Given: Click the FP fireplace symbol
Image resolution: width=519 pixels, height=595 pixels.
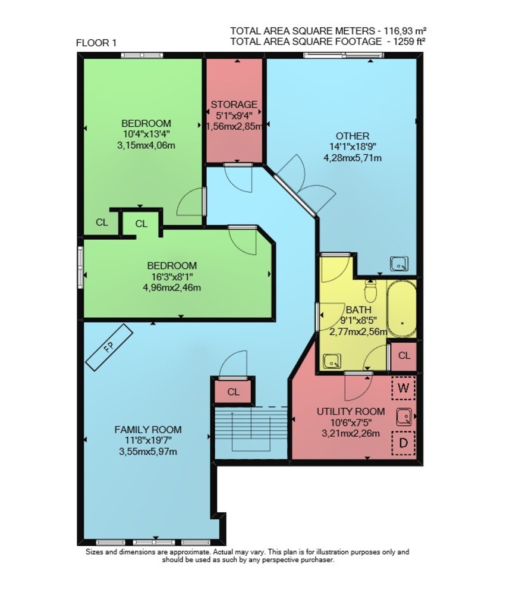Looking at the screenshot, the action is [109, 347].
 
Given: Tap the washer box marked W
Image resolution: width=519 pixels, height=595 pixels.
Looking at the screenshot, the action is [404, 388].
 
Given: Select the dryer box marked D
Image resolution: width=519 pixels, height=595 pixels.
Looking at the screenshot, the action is [404, 443].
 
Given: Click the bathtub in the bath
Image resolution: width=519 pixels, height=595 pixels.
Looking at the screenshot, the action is [401, 309].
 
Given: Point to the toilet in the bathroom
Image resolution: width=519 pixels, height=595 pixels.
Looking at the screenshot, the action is [370, 290].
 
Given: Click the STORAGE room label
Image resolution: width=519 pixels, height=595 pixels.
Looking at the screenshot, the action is [234, 104].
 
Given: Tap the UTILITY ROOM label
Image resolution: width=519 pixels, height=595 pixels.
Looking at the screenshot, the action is [351, 411].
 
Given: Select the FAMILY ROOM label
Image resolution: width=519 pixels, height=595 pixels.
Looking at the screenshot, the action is [148, 430].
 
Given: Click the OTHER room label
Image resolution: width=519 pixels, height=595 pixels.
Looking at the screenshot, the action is [352, 136].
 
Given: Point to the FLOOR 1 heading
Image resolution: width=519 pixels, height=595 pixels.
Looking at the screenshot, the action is [96, 43].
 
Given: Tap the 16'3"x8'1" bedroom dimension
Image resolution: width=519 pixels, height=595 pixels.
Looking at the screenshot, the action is [172, 277].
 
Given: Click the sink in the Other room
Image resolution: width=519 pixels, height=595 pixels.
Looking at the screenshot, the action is [399, 264].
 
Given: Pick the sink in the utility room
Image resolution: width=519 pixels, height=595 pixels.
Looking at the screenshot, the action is [405, 416].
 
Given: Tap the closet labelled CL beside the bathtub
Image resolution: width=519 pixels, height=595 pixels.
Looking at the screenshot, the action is [404, 356].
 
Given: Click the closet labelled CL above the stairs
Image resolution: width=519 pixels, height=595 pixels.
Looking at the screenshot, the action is [233, 392].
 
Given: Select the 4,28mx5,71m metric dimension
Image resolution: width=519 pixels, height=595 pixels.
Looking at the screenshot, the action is [352, 158].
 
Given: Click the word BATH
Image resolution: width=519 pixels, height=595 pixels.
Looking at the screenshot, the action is [358, 309].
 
